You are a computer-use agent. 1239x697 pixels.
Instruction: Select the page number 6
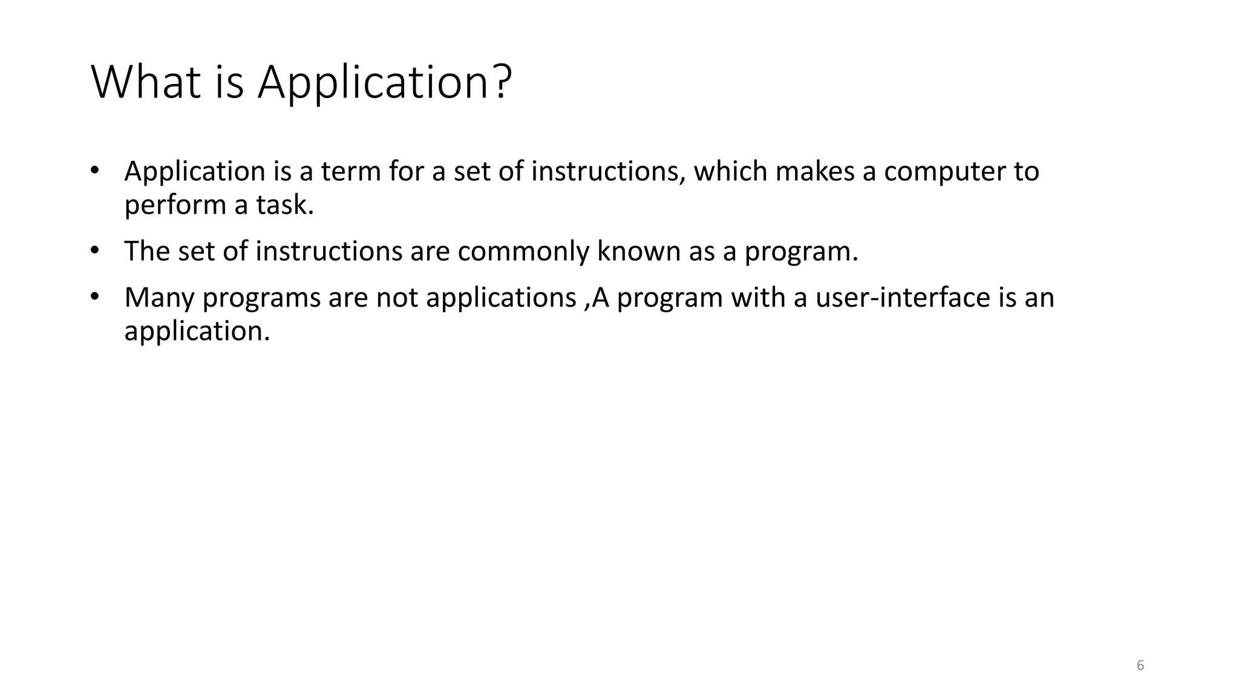click(x=1140, y=666)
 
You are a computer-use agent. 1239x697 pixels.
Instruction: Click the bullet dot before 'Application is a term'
click(x=94, y=170)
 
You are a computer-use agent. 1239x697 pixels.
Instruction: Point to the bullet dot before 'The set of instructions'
click(x=94, y=250)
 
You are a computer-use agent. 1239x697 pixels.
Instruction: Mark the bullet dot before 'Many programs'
click(x=94, y=296)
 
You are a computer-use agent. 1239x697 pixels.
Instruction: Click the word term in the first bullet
click(x=350, y=171)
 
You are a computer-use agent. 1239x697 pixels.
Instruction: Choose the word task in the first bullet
click(x=285, y=205)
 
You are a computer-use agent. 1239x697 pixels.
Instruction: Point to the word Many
click(x=159, y=298)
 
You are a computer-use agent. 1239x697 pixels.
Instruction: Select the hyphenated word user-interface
click(x=899, y=298)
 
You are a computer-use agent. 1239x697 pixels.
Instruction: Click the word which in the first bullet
click(x=730, y=171)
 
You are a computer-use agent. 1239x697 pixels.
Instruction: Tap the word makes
click(x=815, y=171)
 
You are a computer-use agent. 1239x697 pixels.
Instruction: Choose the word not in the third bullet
click(x=397, y=298)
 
